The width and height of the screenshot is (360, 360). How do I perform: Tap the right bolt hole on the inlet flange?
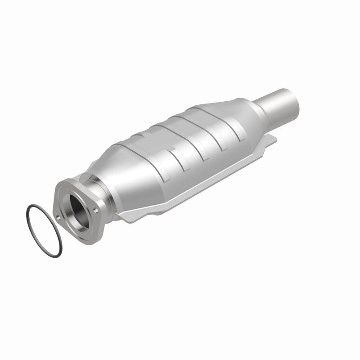coord(96,209)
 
